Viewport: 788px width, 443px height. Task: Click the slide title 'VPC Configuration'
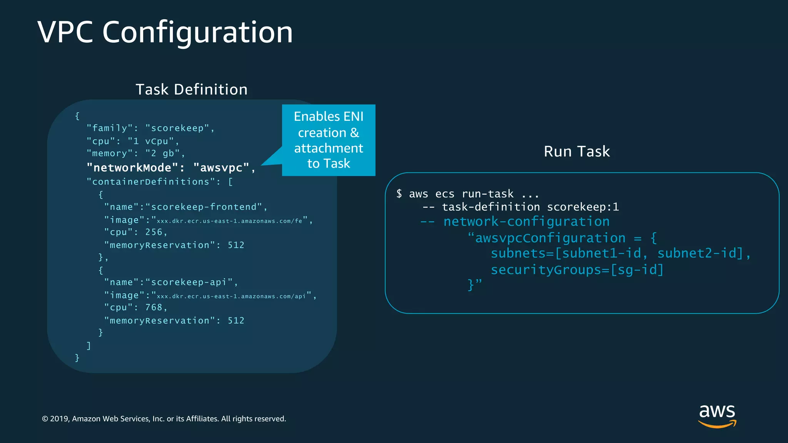165,32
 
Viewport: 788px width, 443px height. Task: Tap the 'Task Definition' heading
192,90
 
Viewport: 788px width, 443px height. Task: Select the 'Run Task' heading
576,152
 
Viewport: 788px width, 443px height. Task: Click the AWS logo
717,415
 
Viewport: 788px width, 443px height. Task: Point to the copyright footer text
164,419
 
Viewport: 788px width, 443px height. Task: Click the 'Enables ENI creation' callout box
329,140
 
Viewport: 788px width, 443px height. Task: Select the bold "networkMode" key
132,168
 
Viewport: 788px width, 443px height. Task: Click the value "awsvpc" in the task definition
221,168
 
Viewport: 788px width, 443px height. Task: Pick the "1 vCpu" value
151,141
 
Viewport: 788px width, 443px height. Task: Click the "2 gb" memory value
162,153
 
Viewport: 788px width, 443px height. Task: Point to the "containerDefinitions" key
150,182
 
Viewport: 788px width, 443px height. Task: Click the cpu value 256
154,232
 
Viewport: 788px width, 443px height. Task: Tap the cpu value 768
154,307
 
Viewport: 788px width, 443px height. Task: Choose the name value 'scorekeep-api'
189,282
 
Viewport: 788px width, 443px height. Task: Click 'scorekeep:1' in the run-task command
583,207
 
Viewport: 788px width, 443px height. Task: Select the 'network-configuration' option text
526,221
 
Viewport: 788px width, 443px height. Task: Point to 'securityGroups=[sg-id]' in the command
577,270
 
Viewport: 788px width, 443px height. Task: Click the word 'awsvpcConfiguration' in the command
550,238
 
